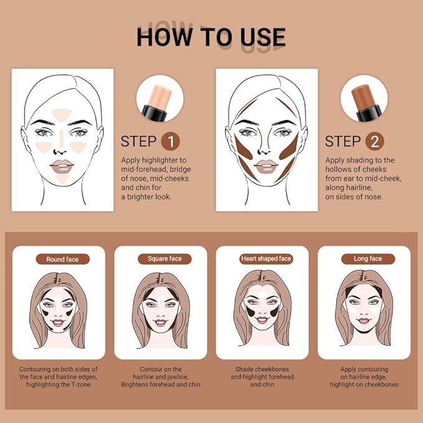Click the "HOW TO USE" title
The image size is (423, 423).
tap(211, 37)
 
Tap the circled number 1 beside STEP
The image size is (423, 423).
tap(170, 141)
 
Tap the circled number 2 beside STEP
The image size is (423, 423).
tap(374, 141)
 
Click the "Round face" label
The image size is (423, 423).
tap(63, 259)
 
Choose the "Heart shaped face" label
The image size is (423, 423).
tap(266, 259)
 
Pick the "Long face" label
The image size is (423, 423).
tap(368, 259)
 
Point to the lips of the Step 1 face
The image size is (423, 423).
tap(62, 165)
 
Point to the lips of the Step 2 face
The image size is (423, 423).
tap(266, 165)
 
